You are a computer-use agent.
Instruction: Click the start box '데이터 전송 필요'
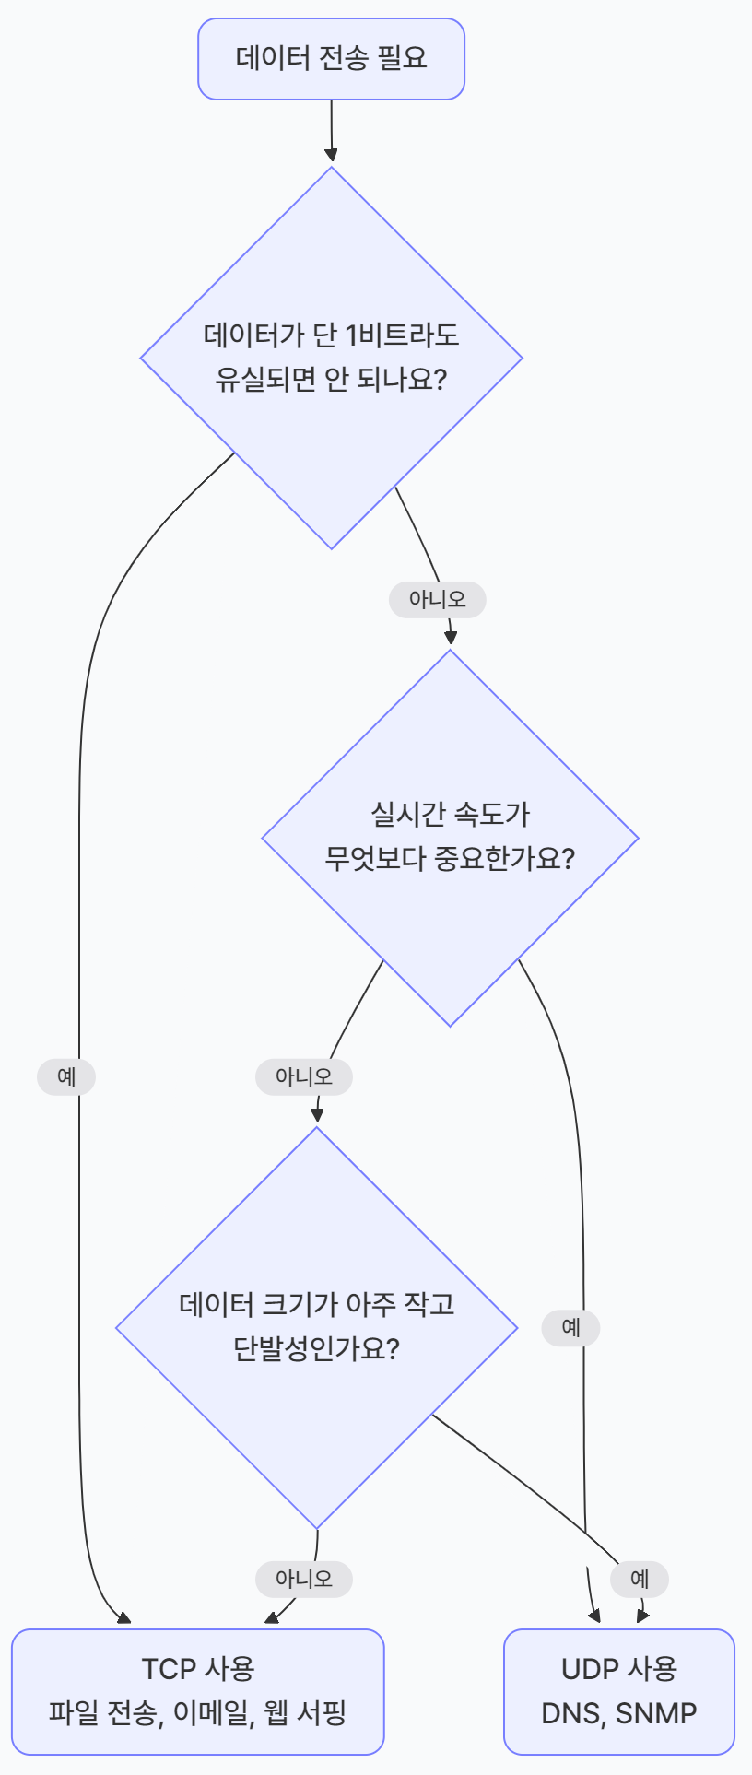coord(331,59)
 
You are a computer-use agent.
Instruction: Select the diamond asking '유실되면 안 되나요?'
coord(331,358)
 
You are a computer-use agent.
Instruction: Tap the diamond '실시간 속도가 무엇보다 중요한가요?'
coord(450,837)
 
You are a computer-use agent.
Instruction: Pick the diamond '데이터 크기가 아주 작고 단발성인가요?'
coord(316,1327)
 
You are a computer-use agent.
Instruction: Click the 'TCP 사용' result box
coord(197,1691)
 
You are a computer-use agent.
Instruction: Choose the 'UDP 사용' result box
coord(618,1691)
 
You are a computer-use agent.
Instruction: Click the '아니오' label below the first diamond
coord(437,600)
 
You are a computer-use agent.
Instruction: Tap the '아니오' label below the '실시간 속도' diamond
coord(303,1076)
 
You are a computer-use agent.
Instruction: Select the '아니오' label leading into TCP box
coord(303,1579)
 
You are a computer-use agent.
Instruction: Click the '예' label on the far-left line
coord(66,1076)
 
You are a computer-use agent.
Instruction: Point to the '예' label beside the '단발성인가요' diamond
coord(571,1328)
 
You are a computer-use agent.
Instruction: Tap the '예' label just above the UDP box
coord(640,1579)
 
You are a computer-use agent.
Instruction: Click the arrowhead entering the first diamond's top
coord(331,155)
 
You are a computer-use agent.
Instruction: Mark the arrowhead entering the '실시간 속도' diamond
coord(451,638)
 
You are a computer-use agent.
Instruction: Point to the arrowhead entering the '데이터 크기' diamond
coord(317,1115)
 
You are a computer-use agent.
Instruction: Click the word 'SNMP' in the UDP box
coord(656,1713)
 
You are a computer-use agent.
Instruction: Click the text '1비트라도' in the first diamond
coord(401,335)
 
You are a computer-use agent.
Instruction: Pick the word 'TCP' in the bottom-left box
coord(169,1669)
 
